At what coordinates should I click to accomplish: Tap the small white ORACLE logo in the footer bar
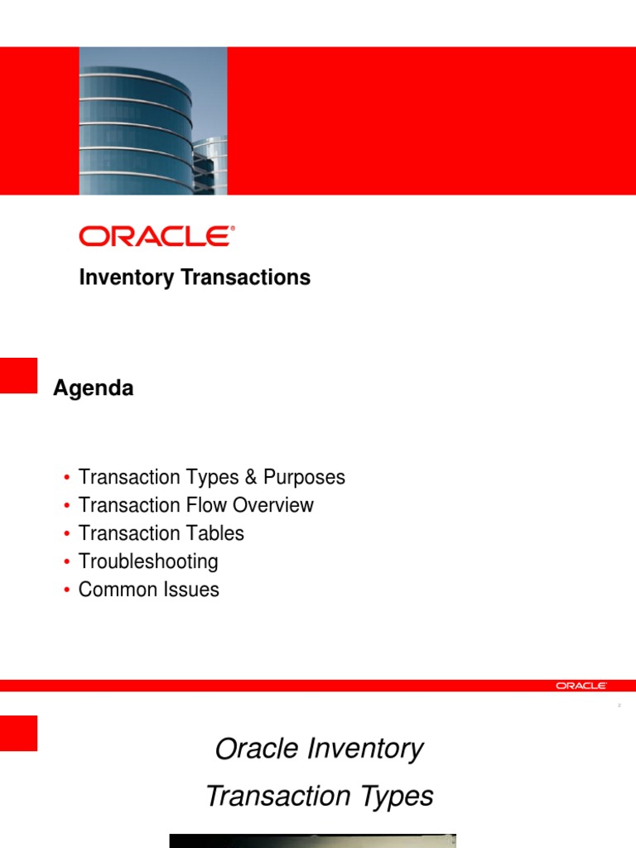pyautogui.click(x=581, y=686)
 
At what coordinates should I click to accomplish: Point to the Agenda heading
pyautogui.click(x=93, y=388)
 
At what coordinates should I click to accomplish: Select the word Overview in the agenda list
pyautogui.click(x=273, y=505)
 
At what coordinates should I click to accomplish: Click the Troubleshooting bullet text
pyautogui.click(x=148, y=561)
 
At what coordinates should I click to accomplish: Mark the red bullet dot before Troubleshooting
pyautogui.click(x=66, y=563)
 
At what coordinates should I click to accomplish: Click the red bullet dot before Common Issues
pyautogui.click(x=66, y=591)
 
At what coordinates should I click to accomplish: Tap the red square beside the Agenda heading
pyautogui.click(x=18, y=375)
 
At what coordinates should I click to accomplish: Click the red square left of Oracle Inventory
pyautogui.click(x=18, y=733)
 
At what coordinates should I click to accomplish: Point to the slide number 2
pyautogui.click(x=619, y=706)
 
